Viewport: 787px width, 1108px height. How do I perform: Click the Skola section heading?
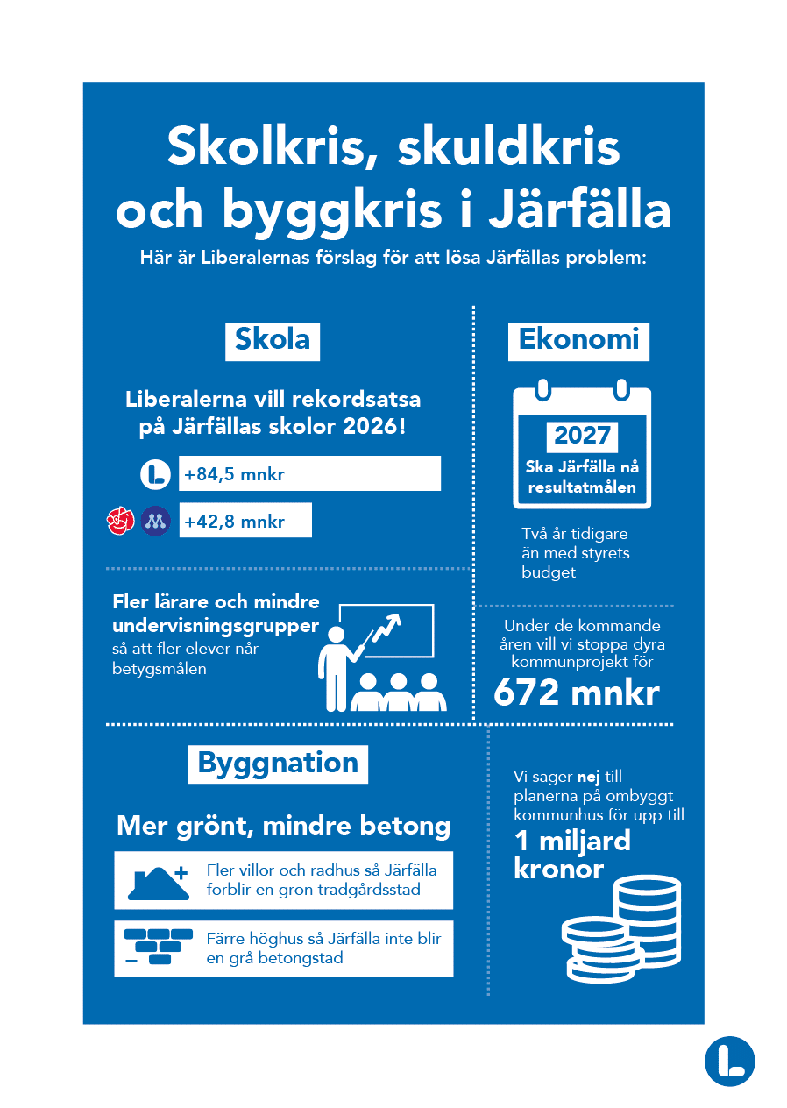click(273, 340)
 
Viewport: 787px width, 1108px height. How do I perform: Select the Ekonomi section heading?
click(578, 340)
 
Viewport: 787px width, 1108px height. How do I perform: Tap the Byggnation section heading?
click(278, 764)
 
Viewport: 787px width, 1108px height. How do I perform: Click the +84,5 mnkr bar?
click(308, 474)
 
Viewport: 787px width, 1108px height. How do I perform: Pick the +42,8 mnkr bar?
click(245, 521)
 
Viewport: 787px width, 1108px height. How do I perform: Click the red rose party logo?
click(119, 521)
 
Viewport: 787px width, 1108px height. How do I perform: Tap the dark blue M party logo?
click(155, 521)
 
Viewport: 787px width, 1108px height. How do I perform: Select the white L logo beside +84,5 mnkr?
click(155, 474)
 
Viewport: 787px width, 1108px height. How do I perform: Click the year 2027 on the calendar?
click(582, 436)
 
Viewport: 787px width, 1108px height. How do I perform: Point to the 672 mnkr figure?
click(576, 693)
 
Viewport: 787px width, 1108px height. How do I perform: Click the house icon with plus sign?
click(158, 881)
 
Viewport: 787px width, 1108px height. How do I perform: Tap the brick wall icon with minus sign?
click(156, 947)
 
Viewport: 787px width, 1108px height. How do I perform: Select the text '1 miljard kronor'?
click(571, 855)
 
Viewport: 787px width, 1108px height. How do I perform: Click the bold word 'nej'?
click(588, 777)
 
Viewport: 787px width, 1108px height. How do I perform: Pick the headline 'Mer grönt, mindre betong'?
click(283, 826)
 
